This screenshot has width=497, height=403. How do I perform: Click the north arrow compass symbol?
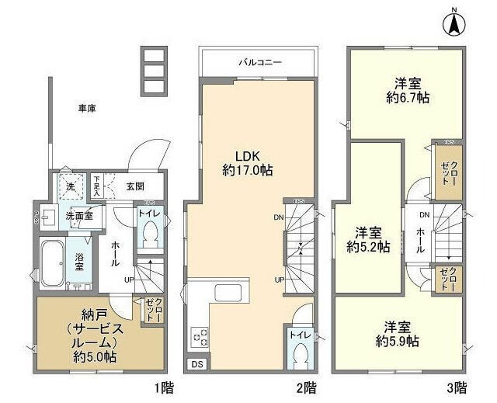coord(454,24)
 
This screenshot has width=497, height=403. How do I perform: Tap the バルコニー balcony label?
coord(259,60)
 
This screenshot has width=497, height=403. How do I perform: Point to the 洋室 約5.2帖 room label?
coord(368,239)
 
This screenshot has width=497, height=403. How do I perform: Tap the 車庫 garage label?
coord(87,109)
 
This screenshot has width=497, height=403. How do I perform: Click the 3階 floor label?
coord(456,385)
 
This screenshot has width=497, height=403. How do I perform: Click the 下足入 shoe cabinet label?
coord(98,185)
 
